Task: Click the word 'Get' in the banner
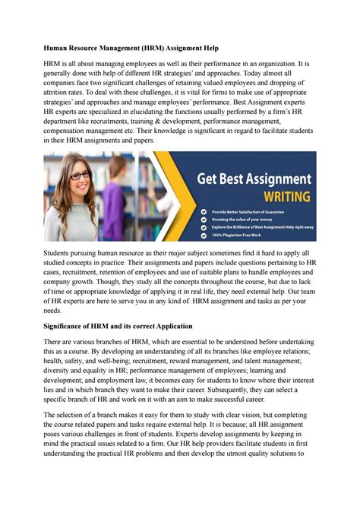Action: (x=210, y=179)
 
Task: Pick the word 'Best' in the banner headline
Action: (x=235, y=179)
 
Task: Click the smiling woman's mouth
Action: (x=81, y=190)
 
